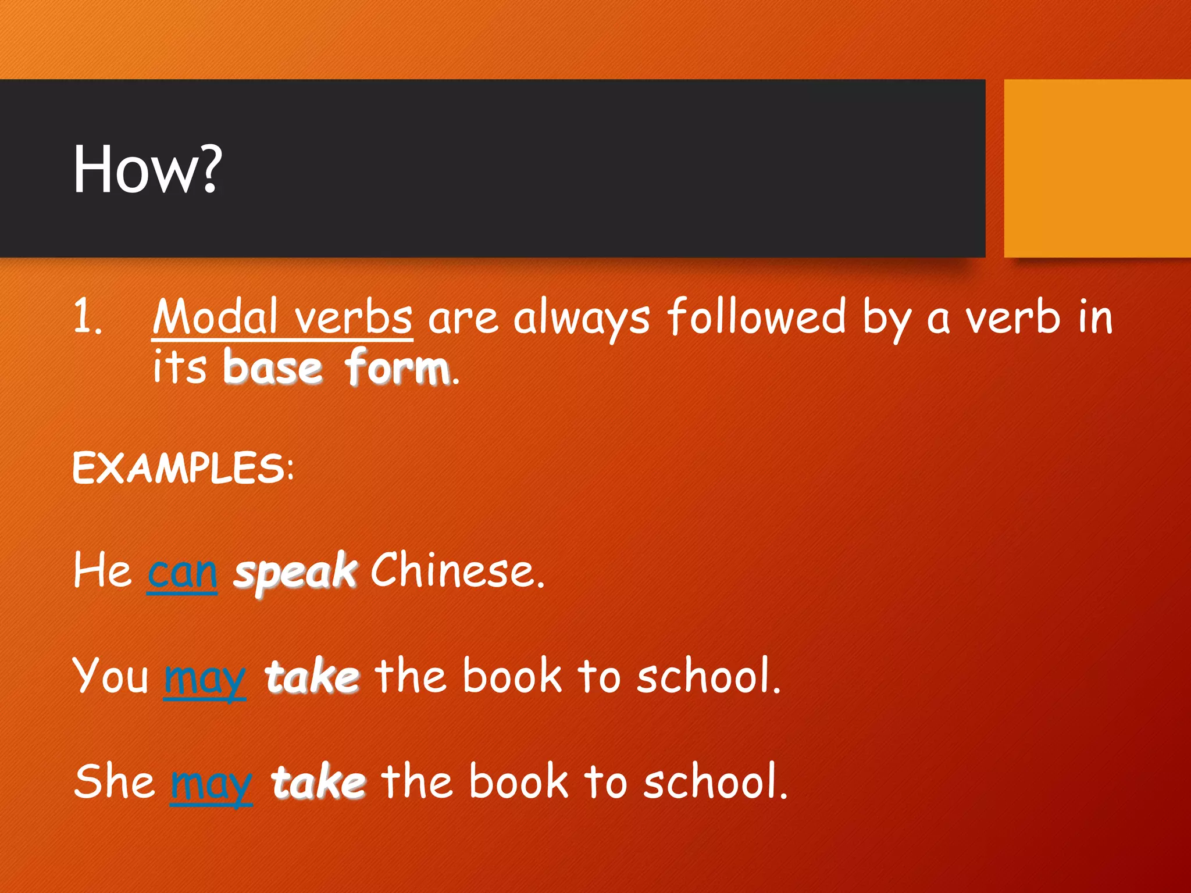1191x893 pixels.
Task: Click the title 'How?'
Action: pos(147,169)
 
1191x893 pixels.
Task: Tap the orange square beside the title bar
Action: pos(1097,168)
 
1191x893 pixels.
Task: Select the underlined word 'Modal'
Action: pos(215,317)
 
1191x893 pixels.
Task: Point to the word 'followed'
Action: pos(756,316)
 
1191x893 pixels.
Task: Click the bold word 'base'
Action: pos(272,367)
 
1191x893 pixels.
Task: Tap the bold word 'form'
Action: pos(397,367)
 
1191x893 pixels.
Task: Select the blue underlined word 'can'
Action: pos(182,572)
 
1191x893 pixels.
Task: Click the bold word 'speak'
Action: pos(295,572)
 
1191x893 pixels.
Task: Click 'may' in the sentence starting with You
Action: pos(205,678)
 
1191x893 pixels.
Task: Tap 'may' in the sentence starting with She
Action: pos(211,783)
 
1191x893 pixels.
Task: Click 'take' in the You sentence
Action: pos(312,677)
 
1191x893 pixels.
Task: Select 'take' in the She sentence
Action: pos(318,782)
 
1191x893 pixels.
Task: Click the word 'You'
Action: pos(111,676)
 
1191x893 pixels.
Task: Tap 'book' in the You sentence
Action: pos(512,676)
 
